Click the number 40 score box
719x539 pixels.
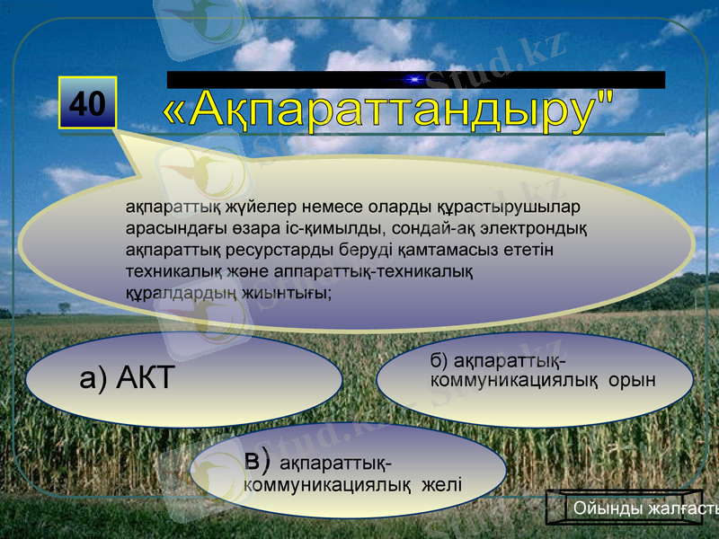(x=87, y=103)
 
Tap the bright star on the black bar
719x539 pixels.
(x=414, y=80)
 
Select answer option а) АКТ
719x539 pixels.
(x=184, y=379)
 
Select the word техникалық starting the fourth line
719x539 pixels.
(x=168, y=270)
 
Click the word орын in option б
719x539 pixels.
(x=632, y=381)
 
